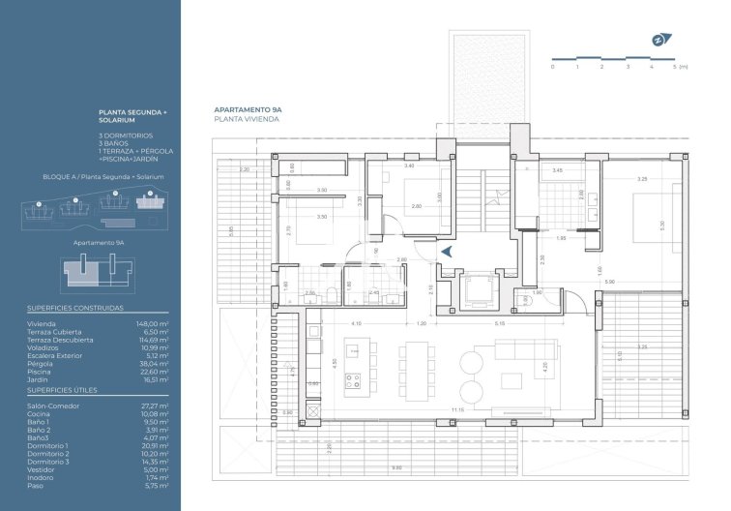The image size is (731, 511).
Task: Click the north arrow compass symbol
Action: point(658,41)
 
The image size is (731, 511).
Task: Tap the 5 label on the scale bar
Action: point(675,67)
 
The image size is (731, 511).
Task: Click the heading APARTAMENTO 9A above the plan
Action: point(247,111)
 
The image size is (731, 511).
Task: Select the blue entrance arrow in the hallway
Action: point(447,251)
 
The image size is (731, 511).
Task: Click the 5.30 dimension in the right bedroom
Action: point(660,225)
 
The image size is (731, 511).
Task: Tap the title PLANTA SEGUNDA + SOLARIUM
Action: point(133,118)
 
